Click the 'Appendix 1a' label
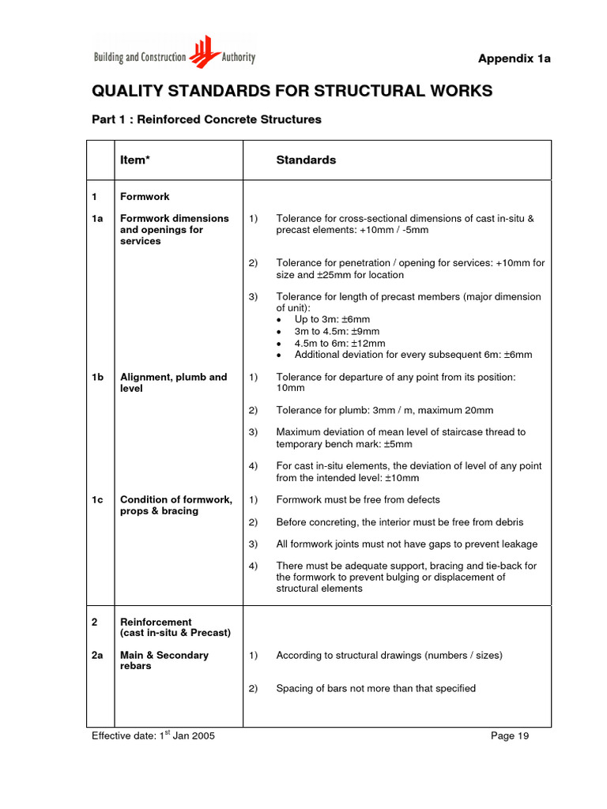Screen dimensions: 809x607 tap(514, 59)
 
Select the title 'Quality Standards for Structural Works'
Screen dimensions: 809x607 tap(292, 91)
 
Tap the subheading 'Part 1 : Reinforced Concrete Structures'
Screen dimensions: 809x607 tap(206, 120)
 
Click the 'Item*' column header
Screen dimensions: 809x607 tap(134, 160)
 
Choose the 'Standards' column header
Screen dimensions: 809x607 tap(306, 160)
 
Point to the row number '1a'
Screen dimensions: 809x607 tap(98, 218)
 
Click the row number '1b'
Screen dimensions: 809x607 tap(98, 377)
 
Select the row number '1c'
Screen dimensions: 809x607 tap(98, 499)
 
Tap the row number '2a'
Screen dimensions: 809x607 tap(98, 655)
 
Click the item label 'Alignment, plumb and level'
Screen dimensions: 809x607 tap(173, 382)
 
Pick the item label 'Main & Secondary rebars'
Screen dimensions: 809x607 tap(164, 660)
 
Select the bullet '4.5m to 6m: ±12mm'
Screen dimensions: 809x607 tap(340, 343)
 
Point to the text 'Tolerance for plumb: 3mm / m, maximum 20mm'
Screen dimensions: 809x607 tap(384, 410)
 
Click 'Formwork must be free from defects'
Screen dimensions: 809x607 tap(358, 499)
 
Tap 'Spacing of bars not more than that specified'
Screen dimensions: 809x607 tap(375, 688)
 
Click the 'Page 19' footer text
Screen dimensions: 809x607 tap(510, 736)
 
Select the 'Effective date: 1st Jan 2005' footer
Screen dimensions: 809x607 tap(153, 736)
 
